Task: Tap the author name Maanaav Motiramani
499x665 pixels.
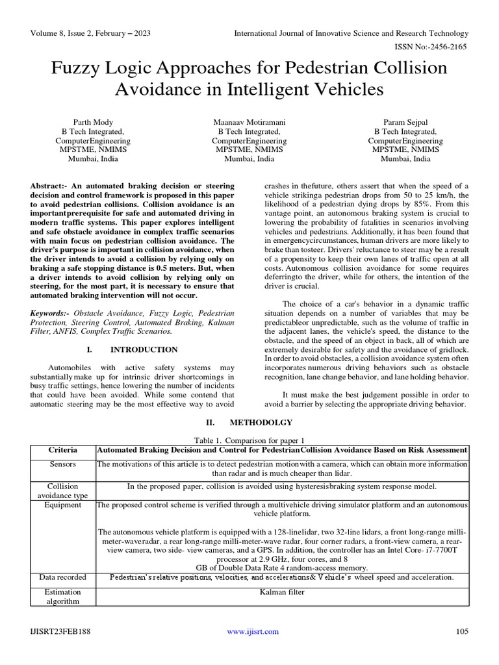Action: point(249,121)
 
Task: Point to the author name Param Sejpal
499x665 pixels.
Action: point(405,121)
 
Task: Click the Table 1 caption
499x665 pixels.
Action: point(249,440)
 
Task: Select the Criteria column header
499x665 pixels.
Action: point(63,450)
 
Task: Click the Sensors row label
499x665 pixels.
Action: point(63,465)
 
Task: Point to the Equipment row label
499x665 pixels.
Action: point(63,504)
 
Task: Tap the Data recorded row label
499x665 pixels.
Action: point(63,577)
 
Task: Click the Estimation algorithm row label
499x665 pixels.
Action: point(63,597)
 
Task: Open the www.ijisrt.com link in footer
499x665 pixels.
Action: point(253,631)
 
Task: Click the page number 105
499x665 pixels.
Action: point(462,631)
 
